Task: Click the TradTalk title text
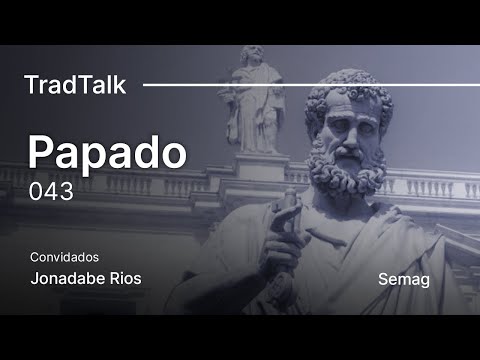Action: (x=75, y=85)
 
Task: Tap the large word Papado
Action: (x=106, y=153)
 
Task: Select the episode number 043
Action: (x=51, y=191)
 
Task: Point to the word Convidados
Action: (x=64, y=257)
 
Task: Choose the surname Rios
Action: (x=122, y=278)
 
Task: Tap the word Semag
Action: (x=404, y=279)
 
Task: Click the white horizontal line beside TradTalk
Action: (x=300, y=85)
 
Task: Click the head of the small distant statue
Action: (x=253, y=55)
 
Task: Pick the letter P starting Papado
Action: (x=40, y=153)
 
